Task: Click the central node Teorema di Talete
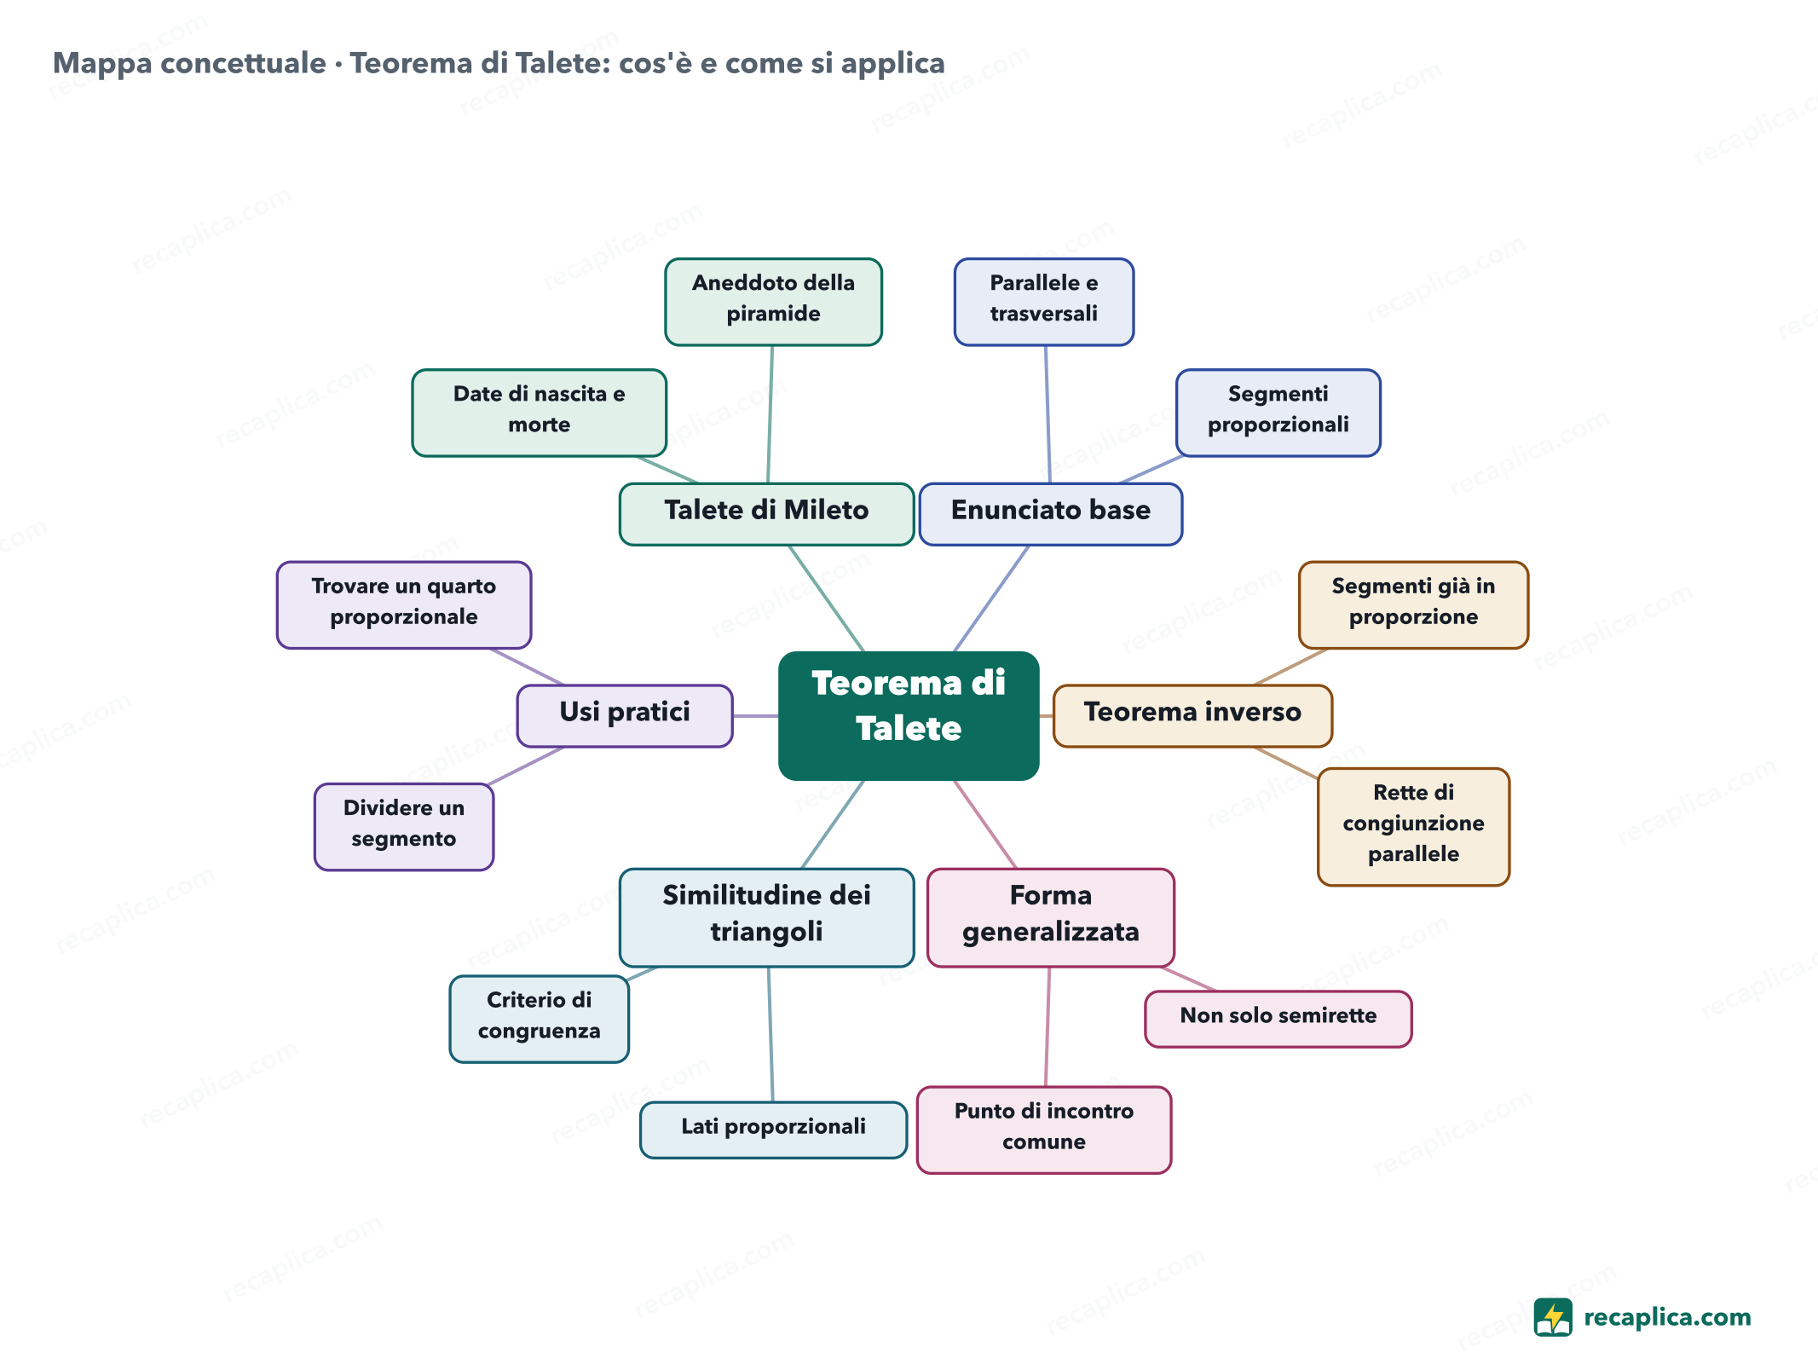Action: (909, 715)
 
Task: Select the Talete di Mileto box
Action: (766, 513)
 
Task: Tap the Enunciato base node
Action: (1050, 513)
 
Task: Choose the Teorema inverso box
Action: (1192, 715)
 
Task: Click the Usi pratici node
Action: (625, 715)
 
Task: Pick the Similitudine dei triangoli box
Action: (766, 917)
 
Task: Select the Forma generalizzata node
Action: (1050, 917)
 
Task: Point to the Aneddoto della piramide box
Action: (773, 302)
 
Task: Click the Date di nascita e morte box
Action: (539, 413)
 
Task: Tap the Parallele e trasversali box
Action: (1043, 302)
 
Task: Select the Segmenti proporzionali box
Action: (1278, 413)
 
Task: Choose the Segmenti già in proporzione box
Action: (1413, 604)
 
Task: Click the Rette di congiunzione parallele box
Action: (1413, 826)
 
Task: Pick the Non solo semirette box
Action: (1278, 1018)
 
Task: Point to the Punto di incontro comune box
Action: (1043, 1130)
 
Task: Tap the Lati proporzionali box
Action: (773, 1130)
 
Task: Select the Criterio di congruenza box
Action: (539, 1018)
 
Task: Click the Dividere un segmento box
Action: (403, 826)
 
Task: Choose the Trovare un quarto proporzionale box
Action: (403, 604)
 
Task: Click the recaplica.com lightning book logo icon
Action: (1552, 1317)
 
